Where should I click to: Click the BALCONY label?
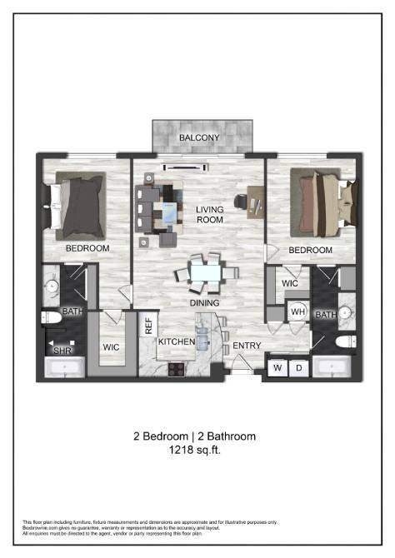click(x=199, y=137)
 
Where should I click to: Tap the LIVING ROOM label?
click(x=210, y=215)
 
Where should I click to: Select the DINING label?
click(x=204, y=304)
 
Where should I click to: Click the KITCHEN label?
click(x=177, y=342)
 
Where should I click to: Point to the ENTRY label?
click(x=247, y=346)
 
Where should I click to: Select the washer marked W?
click(x=277, y=367)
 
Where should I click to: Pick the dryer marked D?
click(x=298, y=367)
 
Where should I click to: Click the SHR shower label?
click(x=62, y=351)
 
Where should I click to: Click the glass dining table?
click(x=204, y=272)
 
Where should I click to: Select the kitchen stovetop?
click(x=177, y=367)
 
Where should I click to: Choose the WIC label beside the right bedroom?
click(x=290, y=284)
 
